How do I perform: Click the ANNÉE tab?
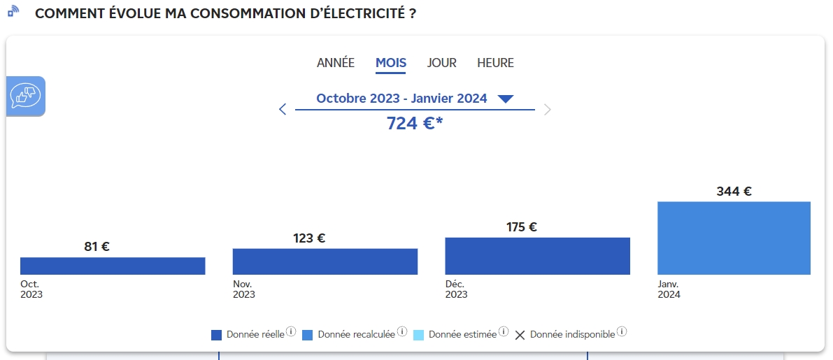tap(335, 63)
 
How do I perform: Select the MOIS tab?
tap(391, 63)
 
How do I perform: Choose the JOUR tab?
tap(441, 63)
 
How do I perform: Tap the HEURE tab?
tap(495, 63)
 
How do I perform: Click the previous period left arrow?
tap(283, 109)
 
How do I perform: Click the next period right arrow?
tap(548, 109)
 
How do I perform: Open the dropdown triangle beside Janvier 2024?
tap(505, 99)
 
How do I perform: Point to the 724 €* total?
tap(414, 123)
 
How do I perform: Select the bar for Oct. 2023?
tap(113, 266)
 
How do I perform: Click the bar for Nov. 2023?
tap(325, 261)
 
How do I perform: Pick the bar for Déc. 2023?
tap(538, 256)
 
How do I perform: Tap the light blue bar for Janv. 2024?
tap(734, 238)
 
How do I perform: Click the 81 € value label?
tap(97, 246)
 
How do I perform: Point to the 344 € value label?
tap(734, 191)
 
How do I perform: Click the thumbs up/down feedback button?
tap(25, 96)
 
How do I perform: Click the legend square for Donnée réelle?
tap(216, 335)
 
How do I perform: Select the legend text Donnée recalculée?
tap(357, 335)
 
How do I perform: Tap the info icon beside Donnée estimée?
tap(504, 332)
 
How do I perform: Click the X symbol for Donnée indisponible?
tap(520, 335)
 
